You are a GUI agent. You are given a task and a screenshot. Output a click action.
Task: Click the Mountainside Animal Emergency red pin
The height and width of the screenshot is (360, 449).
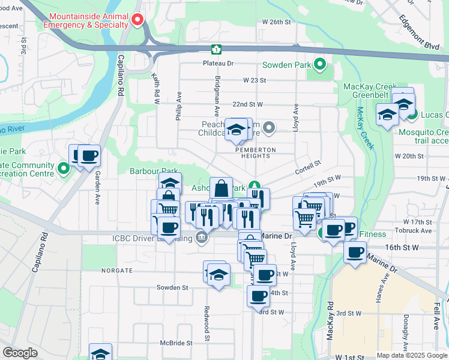[x=137, y=19]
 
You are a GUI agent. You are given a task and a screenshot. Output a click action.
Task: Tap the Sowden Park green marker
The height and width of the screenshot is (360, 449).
[x=320, y=64]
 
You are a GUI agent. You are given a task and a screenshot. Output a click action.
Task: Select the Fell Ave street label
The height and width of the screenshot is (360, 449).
[x=436, y=316]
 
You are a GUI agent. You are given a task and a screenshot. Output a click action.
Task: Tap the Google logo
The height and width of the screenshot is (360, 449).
[x=20, y=353]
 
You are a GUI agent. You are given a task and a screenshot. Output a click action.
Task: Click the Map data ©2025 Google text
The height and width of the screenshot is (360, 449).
[x=411, y=355]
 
